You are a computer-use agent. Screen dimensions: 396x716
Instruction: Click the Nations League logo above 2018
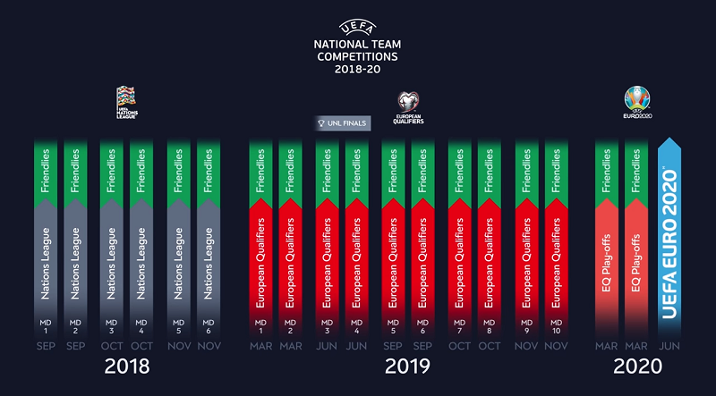click(x=127, y=101)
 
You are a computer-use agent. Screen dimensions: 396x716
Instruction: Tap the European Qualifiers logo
click(x=408, y=105)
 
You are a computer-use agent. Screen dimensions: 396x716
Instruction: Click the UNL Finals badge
click(x=343, y=123)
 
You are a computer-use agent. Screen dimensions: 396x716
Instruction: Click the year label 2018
click(x=127, y=366)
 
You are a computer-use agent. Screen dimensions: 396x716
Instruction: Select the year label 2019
click(x=407, y=366)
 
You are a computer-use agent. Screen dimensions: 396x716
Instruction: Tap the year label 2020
click(x=638, y=366)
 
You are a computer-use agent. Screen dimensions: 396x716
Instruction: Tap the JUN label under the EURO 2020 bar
click(x=669, y=346)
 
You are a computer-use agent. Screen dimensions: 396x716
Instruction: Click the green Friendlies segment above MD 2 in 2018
click(x=75, y=170)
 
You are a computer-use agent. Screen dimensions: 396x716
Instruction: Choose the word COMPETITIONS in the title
click(x=356, y=56)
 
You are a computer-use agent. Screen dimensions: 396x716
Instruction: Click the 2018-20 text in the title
click(x=356, y=70)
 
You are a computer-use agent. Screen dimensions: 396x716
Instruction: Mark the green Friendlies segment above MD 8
click(x=489, y=170)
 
